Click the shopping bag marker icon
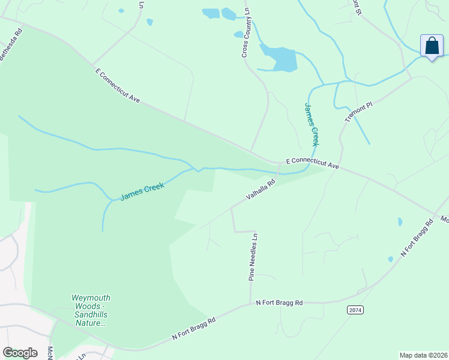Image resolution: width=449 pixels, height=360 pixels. pyautogui.click(x=432, y=46)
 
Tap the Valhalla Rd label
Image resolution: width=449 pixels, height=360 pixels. pyautogui.click(x=261, y=189)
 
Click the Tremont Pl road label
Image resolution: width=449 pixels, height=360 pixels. pyautogui.click(x=359, y=112)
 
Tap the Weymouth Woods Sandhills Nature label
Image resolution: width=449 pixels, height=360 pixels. pyautogui.click(x=91, y=310)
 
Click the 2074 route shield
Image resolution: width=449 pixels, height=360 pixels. pyautogui.click(x=355, y=309)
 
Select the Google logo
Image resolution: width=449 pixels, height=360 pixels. pyautogui.click(x=20, y=352)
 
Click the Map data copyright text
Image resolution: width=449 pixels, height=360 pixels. pyautogui.click(x=423, y=355)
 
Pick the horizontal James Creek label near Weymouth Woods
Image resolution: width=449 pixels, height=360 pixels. pyautogui.click(x=142, y=192)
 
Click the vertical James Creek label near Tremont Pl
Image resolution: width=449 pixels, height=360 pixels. pyautogui.click(x=311, y=124)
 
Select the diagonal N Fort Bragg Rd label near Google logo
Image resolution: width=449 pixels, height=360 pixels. pyautogui.click(x=193, y=328)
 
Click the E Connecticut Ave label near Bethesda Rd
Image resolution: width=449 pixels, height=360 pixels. pyautogui.click(x=117, y=85)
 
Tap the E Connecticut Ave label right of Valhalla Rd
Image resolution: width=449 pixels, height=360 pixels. pyautogui.click(x=313, y=163)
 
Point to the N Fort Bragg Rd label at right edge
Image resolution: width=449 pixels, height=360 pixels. pyautogui.click(x=417, y=238)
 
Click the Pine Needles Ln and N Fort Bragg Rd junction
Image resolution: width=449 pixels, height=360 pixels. pyautogui.click(x=250, y=304)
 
